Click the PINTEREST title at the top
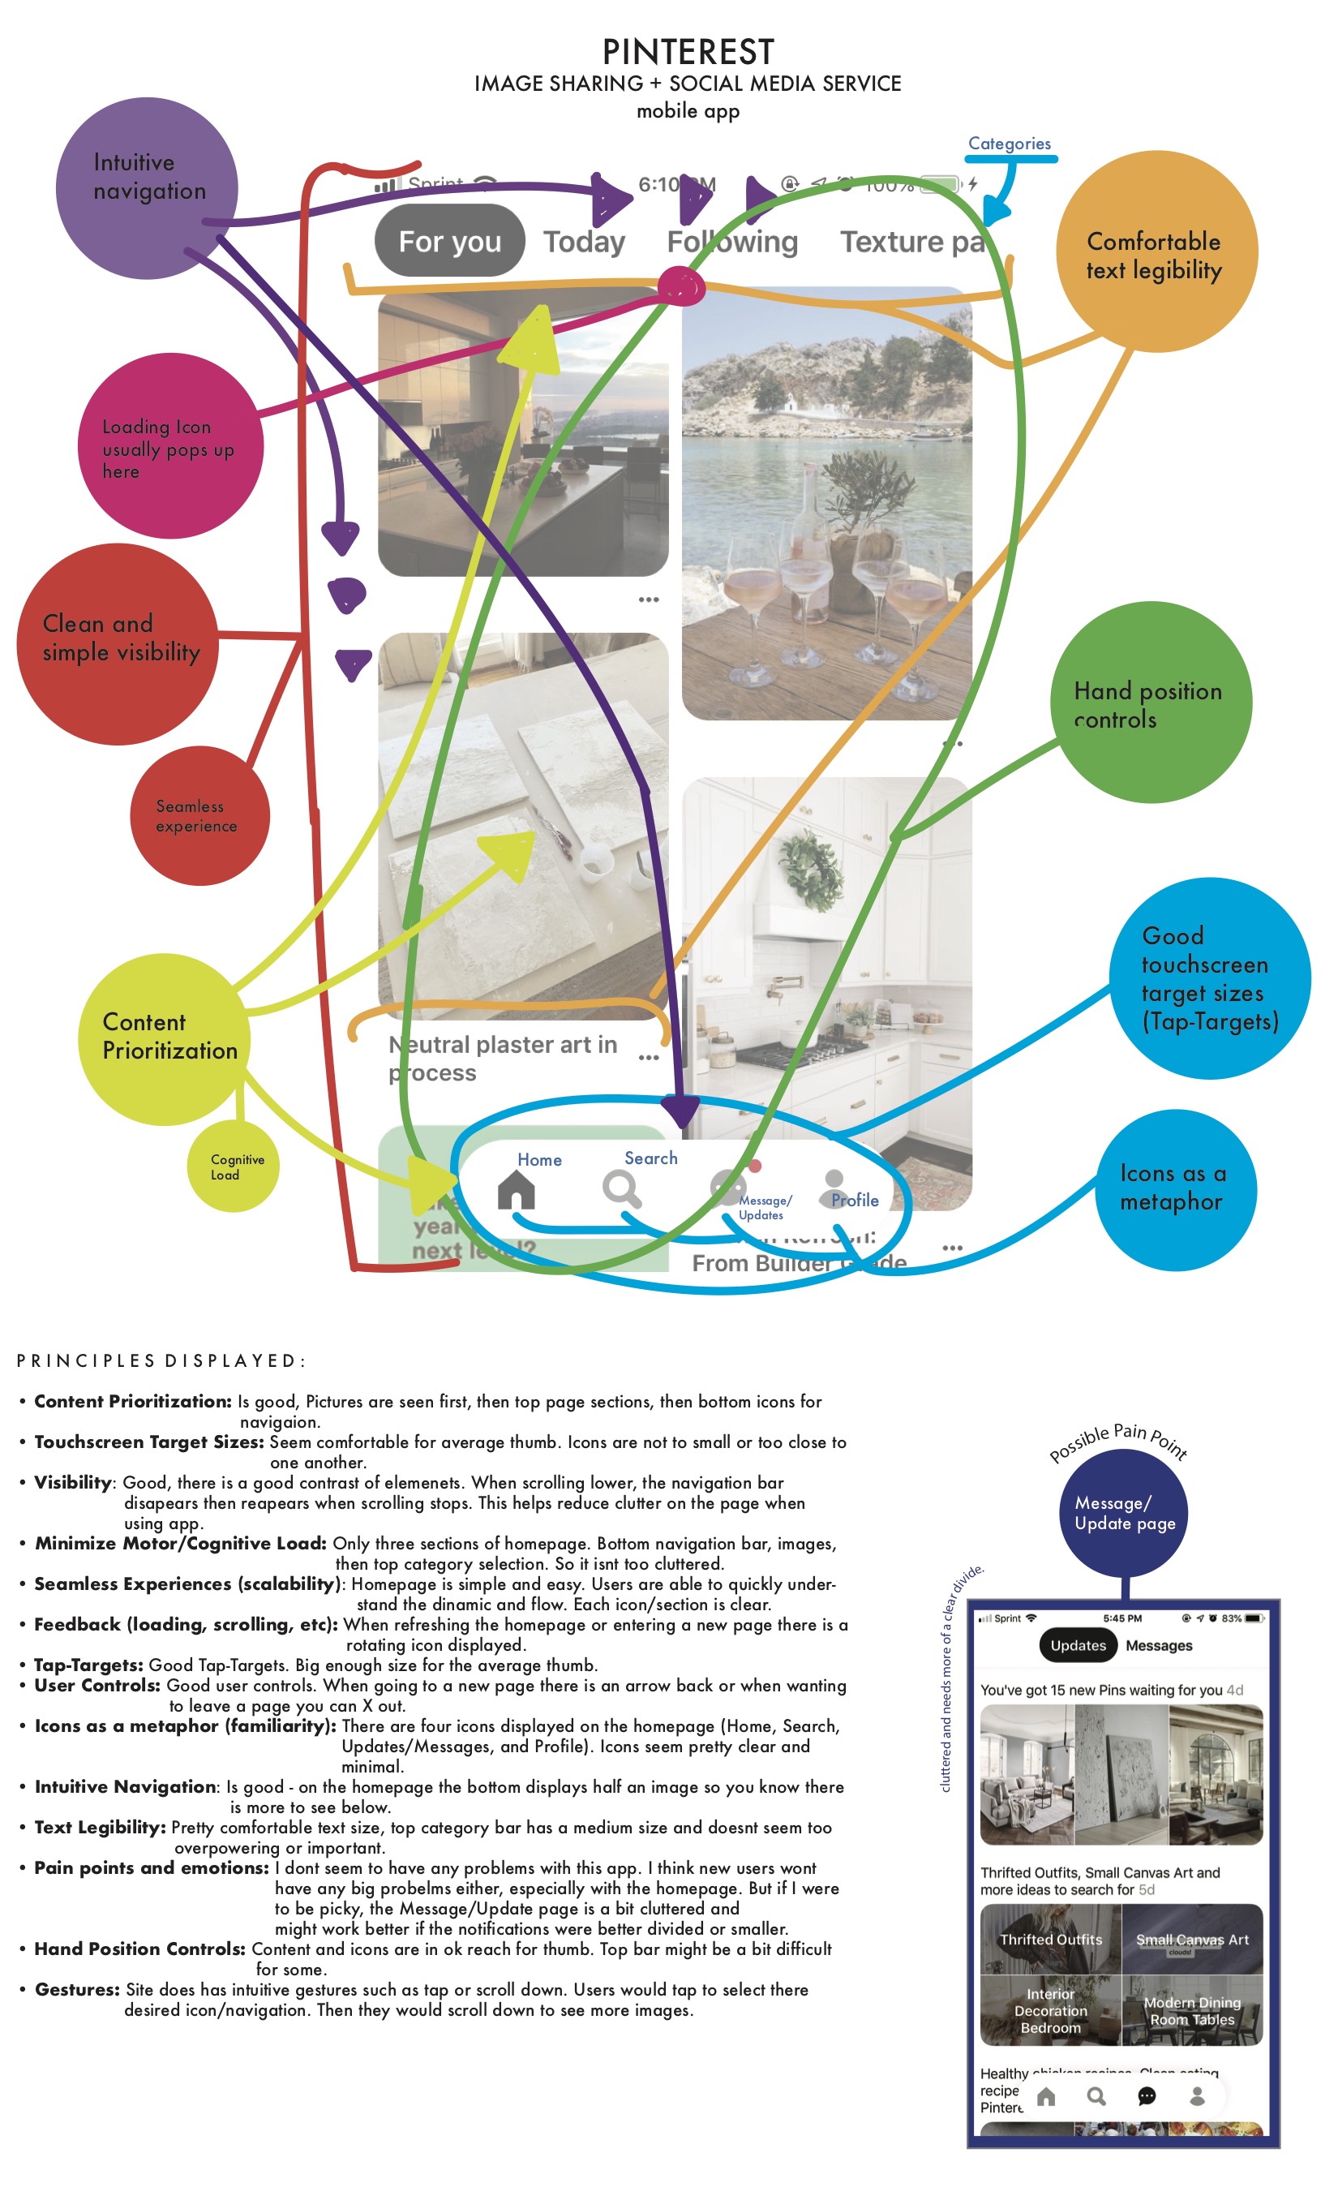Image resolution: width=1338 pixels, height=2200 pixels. [x=688, y=52]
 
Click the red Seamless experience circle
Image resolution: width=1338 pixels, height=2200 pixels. [x=198, y=815]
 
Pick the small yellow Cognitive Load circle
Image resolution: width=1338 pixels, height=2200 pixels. [x=233, y=1167]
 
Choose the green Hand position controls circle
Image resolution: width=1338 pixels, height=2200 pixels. [x=1150, y=703]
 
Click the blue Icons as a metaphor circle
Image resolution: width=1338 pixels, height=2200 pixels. [x=1175, y=1188]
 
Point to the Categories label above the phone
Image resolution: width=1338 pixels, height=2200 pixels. [x=1009, y=144]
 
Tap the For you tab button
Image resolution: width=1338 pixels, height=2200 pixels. [x=449, y=241]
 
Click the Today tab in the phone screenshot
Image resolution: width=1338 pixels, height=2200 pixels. [x=584, y=242]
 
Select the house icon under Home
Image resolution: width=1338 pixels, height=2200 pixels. [x=516, y=1189]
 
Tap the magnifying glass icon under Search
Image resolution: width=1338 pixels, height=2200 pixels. [x=621, y=1188]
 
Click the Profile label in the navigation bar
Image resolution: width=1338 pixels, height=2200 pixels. [x=854, y=1200]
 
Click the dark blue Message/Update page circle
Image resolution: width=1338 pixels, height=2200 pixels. [x=1125, y=1512]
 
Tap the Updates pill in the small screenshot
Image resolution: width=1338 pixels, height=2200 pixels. [x=1078, y=1645]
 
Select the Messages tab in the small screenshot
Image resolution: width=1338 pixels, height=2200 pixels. [x=1159, y=1645]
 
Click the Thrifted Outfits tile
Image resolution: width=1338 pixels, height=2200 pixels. [x=1051, y=1940]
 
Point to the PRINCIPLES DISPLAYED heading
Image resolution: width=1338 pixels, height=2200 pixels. [x=161, y=1360]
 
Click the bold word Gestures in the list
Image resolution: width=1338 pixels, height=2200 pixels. [x=77, y=1989]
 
